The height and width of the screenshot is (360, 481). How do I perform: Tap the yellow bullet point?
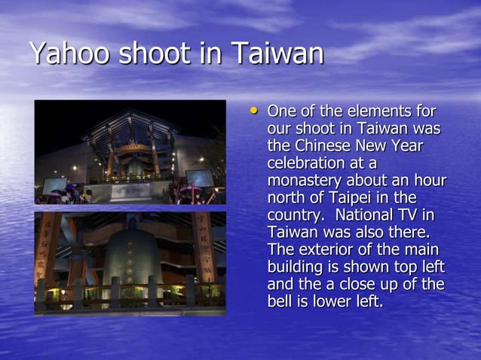254,111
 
